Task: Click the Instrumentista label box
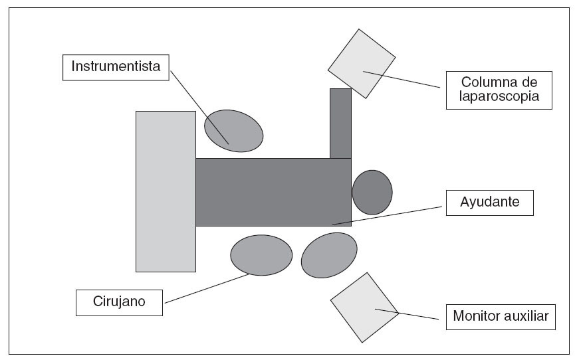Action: tap(117, 67)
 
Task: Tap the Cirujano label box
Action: tap(120, 303)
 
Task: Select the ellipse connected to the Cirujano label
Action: tap(261, 254)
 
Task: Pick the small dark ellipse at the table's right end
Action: tap(372, 192)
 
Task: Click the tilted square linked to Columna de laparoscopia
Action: tap(362, 63)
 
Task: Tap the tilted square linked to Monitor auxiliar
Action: tap(364, 308)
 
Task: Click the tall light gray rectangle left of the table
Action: tap(166, 191)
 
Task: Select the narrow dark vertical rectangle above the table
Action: tap(340, 124)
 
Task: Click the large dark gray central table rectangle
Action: tap(273, 191)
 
